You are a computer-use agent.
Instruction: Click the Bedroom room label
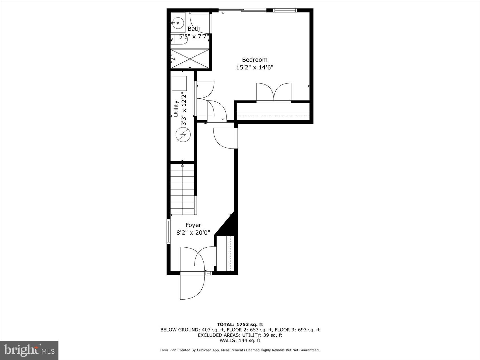click(254, 60)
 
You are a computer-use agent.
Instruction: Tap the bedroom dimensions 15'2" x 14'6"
click(254, 67)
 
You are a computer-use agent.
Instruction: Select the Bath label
click(194, 29)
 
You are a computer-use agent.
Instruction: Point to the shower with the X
click(190, 59)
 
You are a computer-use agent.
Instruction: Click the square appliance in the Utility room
click(179, 83)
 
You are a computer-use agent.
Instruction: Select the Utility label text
click(176, 109)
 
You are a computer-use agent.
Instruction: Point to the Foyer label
click(193, 225)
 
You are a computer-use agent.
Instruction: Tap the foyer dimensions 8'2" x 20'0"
click(193, 233)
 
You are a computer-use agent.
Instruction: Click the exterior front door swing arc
click(198, 288)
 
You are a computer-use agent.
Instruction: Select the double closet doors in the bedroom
click(274, 92)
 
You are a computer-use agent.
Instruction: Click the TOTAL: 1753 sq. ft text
click(240, 324)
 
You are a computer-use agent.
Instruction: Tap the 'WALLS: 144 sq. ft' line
click(240, 341)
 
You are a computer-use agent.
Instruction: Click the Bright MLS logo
click(29, 350)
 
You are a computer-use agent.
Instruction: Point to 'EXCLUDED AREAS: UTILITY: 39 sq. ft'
click(240, 335)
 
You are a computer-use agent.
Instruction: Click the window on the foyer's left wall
click(168, 232)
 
